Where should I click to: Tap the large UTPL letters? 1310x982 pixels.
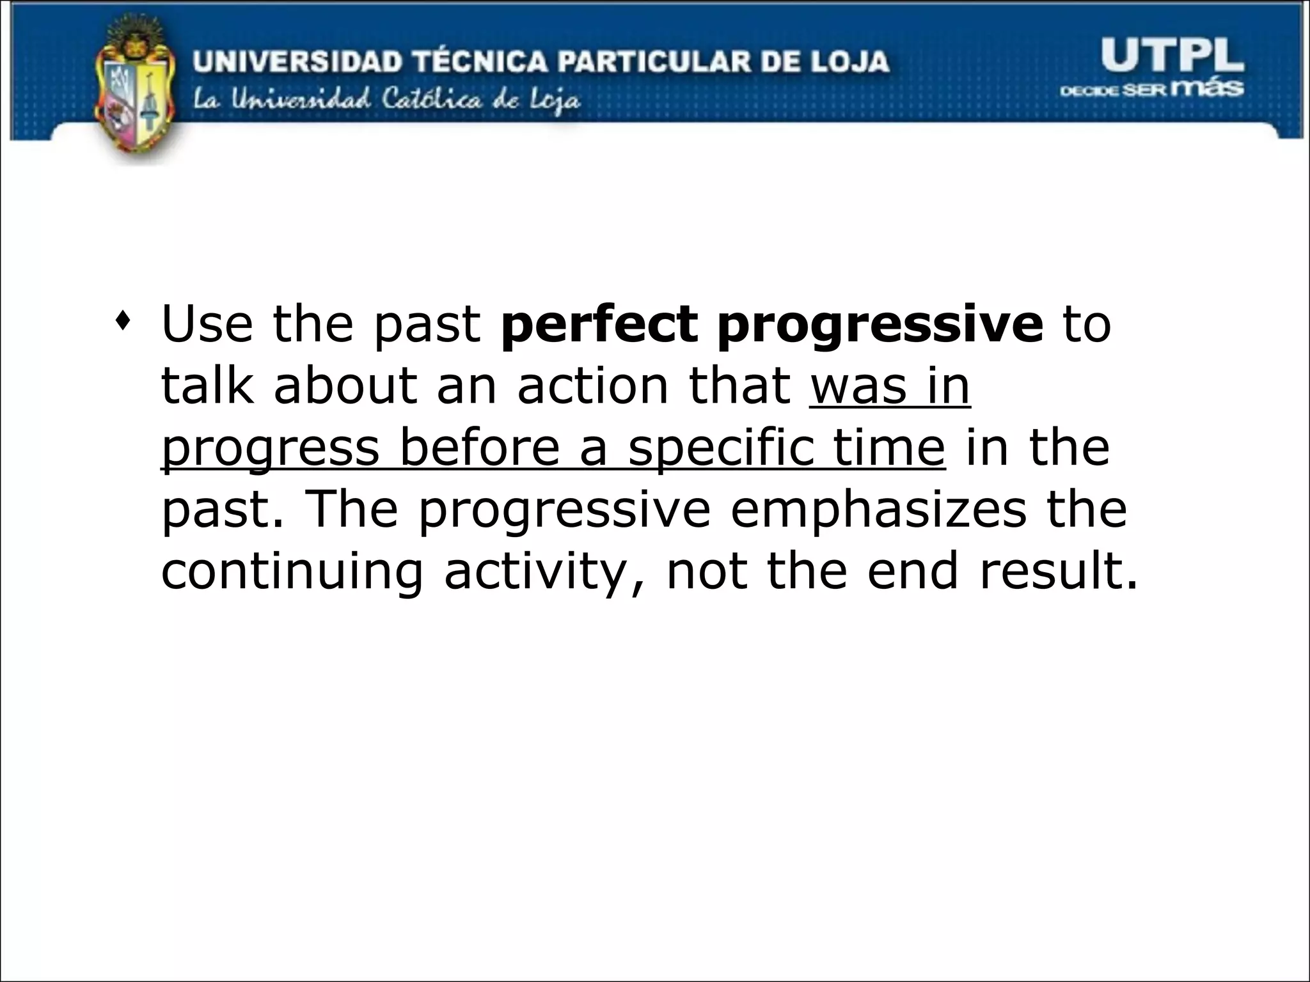coord(1172,56)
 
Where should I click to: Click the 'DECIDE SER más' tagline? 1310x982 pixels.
coord(1152,90)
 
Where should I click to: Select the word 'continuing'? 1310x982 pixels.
coord(292,572)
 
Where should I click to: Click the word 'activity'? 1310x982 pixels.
coord(534,572)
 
